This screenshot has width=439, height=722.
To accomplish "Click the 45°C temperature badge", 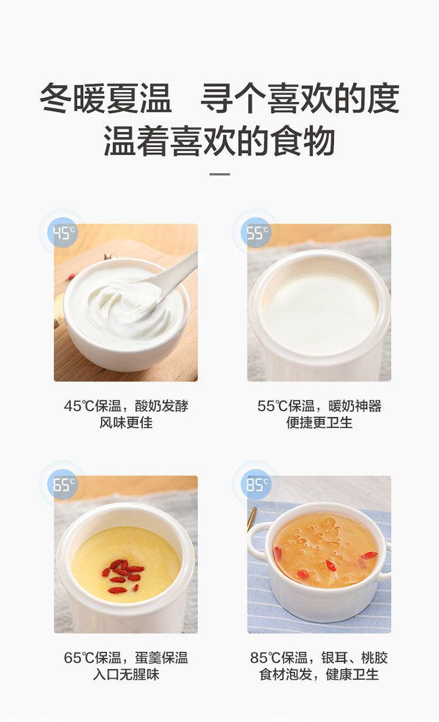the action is pos(63,232).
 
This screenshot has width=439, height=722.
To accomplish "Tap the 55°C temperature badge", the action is pos(257,232).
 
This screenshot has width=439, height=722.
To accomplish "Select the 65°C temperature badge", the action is pos(63,484).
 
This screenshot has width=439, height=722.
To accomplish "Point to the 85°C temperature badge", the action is pos(257,484).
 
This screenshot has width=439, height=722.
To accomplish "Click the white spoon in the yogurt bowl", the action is pos(167,281).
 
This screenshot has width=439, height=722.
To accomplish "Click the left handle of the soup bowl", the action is pos(258,541).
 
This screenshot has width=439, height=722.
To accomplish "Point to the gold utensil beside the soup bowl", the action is pos(251,519).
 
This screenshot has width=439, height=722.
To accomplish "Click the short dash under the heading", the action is pos(220,174).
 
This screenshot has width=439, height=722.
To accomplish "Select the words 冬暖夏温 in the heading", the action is pos(105,98).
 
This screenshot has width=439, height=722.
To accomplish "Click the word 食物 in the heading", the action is pos(303,141).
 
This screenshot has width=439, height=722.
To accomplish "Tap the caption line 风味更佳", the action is pos(126,423).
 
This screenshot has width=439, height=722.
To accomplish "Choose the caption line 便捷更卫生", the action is pos(319,423).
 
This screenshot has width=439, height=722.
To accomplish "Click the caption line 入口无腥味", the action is pos(126,675).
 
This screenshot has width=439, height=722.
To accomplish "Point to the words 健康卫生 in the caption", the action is pos(352,675).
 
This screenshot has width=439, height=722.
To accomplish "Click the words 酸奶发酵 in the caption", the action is pos(162,406).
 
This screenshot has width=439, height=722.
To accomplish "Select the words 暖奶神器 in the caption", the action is pos(355,406).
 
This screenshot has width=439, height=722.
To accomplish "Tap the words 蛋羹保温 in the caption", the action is pos(162,658).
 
